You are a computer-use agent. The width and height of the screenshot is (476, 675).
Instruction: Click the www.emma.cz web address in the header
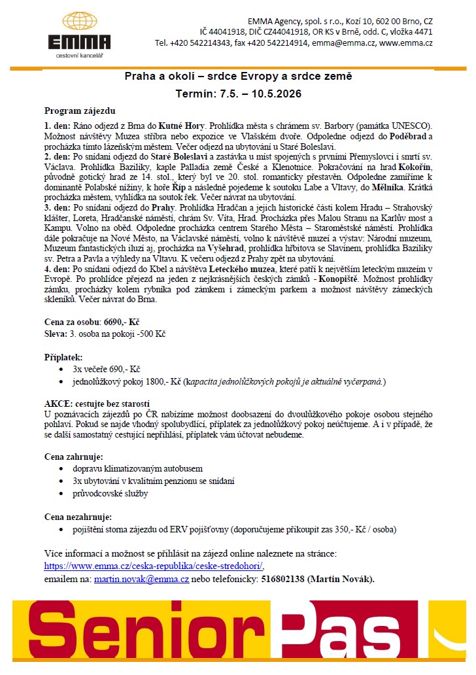click(406, 43)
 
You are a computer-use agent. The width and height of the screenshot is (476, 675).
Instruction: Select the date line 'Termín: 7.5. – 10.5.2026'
click(238, 94)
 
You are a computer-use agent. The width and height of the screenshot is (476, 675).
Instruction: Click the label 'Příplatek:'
click(63, 358)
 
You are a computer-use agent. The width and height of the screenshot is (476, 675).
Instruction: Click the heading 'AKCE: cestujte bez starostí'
click(97, 404)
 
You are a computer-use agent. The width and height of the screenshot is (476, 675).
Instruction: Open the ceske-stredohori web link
click(154, 566)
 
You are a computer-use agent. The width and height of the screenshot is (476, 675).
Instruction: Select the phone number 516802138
click(283, 580)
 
